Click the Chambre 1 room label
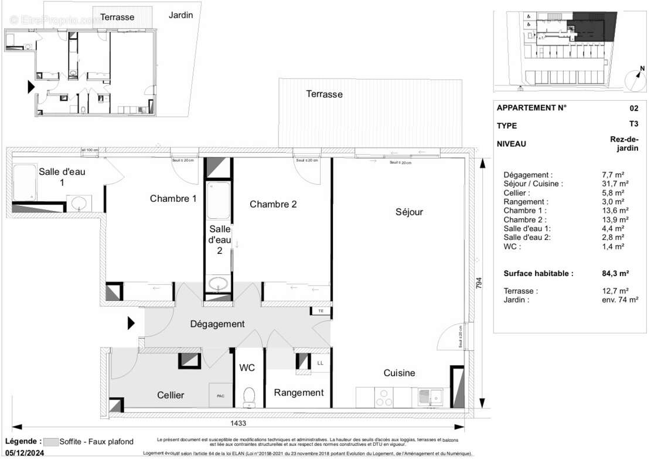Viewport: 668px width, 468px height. [x=173, y=199]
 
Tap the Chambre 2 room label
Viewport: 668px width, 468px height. [x=273, y=204]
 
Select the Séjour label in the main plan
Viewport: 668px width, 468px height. [x=409, y=212]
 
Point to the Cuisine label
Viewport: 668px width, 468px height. [x=399, y=373]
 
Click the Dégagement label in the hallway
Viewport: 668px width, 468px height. [x=217, y=324]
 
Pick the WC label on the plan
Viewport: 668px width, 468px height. [x=247, y=369]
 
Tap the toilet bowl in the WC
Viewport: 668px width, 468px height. [x=249, y=396]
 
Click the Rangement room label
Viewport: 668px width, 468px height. [x=298, y=393]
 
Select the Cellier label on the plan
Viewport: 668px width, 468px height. [x=171, y=395]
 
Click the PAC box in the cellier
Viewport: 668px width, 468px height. [x=221, y=396]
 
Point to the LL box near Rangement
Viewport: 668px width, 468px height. [x=320, y=363]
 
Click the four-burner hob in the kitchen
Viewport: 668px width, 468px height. [x=384, y=397]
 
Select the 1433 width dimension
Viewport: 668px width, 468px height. [x=238, y=423]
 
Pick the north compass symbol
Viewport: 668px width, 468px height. [x=634, y=78]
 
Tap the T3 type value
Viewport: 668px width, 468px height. [x=633, y=125]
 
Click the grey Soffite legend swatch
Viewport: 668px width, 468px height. [x=52, y=442]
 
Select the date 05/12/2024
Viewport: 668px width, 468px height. [x=24, y=453]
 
